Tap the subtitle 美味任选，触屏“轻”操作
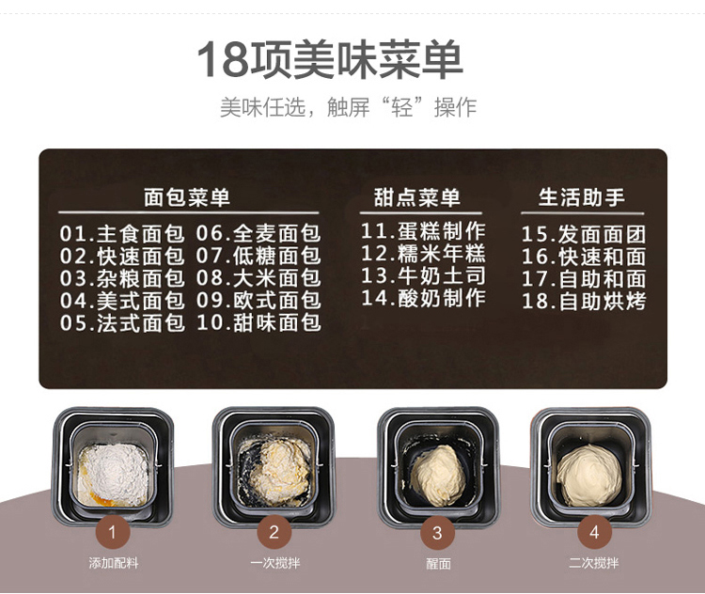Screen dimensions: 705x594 pos(348,107)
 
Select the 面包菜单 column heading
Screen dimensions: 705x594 pos(187,197)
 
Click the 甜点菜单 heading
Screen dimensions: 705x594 pos(417,197)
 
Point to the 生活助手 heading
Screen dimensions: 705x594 pos(582,197)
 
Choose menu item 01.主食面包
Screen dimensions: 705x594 pos(122,234)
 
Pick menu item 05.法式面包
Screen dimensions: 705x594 pos(122,323)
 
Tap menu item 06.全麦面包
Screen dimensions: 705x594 pos(258,234)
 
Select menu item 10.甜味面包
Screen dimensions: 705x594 pos(258,323)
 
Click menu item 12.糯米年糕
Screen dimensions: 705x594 pos(424,254)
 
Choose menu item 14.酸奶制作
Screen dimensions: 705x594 pos(424,298)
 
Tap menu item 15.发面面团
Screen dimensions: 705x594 pos(584,234)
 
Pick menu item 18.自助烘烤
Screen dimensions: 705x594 pos(584,301)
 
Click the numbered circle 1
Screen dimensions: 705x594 pos(113,532)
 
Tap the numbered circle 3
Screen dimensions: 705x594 pos(437,533)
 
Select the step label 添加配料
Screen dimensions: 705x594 pos(114,563)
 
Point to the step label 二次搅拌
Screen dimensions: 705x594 pos(593,563)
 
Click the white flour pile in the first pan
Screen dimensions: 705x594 pos(114,474)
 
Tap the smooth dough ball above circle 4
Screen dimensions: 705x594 pos(589,475)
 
